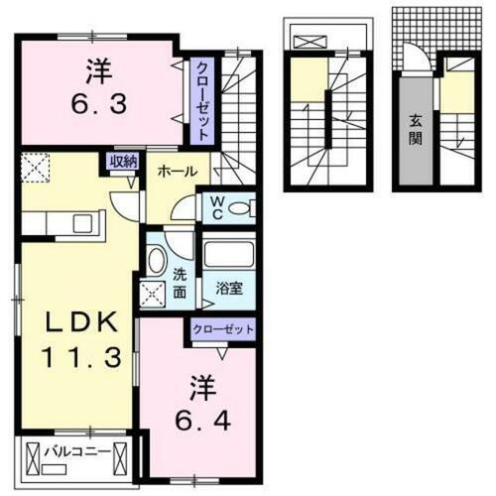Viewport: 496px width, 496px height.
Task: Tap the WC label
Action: [x=216, y=207]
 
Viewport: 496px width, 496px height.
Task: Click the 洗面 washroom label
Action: [x=179, y=283]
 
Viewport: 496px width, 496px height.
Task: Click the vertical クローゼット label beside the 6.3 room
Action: [x=202, y=99]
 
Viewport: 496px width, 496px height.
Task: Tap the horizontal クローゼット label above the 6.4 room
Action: [x=224, y=328]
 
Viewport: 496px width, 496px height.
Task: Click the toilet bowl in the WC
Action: [x=246, y=208]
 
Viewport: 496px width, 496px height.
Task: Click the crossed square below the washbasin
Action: [x=155, y=295]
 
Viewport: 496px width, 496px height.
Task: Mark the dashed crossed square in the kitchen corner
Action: [x=36, y=169]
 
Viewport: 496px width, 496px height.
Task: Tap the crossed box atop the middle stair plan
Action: [x=310, y=42]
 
